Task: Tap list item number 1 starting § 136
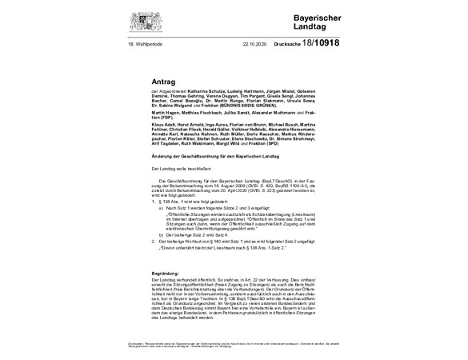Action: pyautogui.click(x=181, y=202)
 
